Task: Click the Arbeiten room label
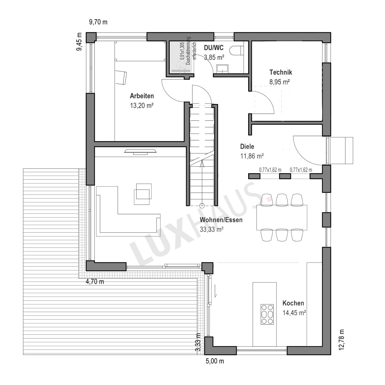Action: pos(142,96)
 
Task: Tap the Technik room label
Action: pos(281,72)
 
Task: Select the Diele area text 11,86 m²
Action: pos(252,156)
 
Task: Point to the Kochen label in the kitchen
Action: pos(293,303)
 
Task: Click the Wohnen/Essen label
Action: pos(221,220)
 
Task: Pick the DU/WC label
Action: pos(214,48)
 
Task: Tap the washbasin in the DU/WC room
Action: pos(222,68)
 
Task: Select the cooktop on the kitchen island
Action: pos(267,314)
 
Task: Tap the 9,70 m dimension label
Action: pos(98,22)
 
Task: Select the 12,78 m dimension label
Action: pos(341,340)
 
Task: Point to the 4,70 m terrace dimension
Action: pos(95,282)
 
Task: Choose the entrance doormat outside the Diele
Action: pos(341,151)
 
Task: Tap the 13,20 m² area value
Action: pos(142,106)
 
